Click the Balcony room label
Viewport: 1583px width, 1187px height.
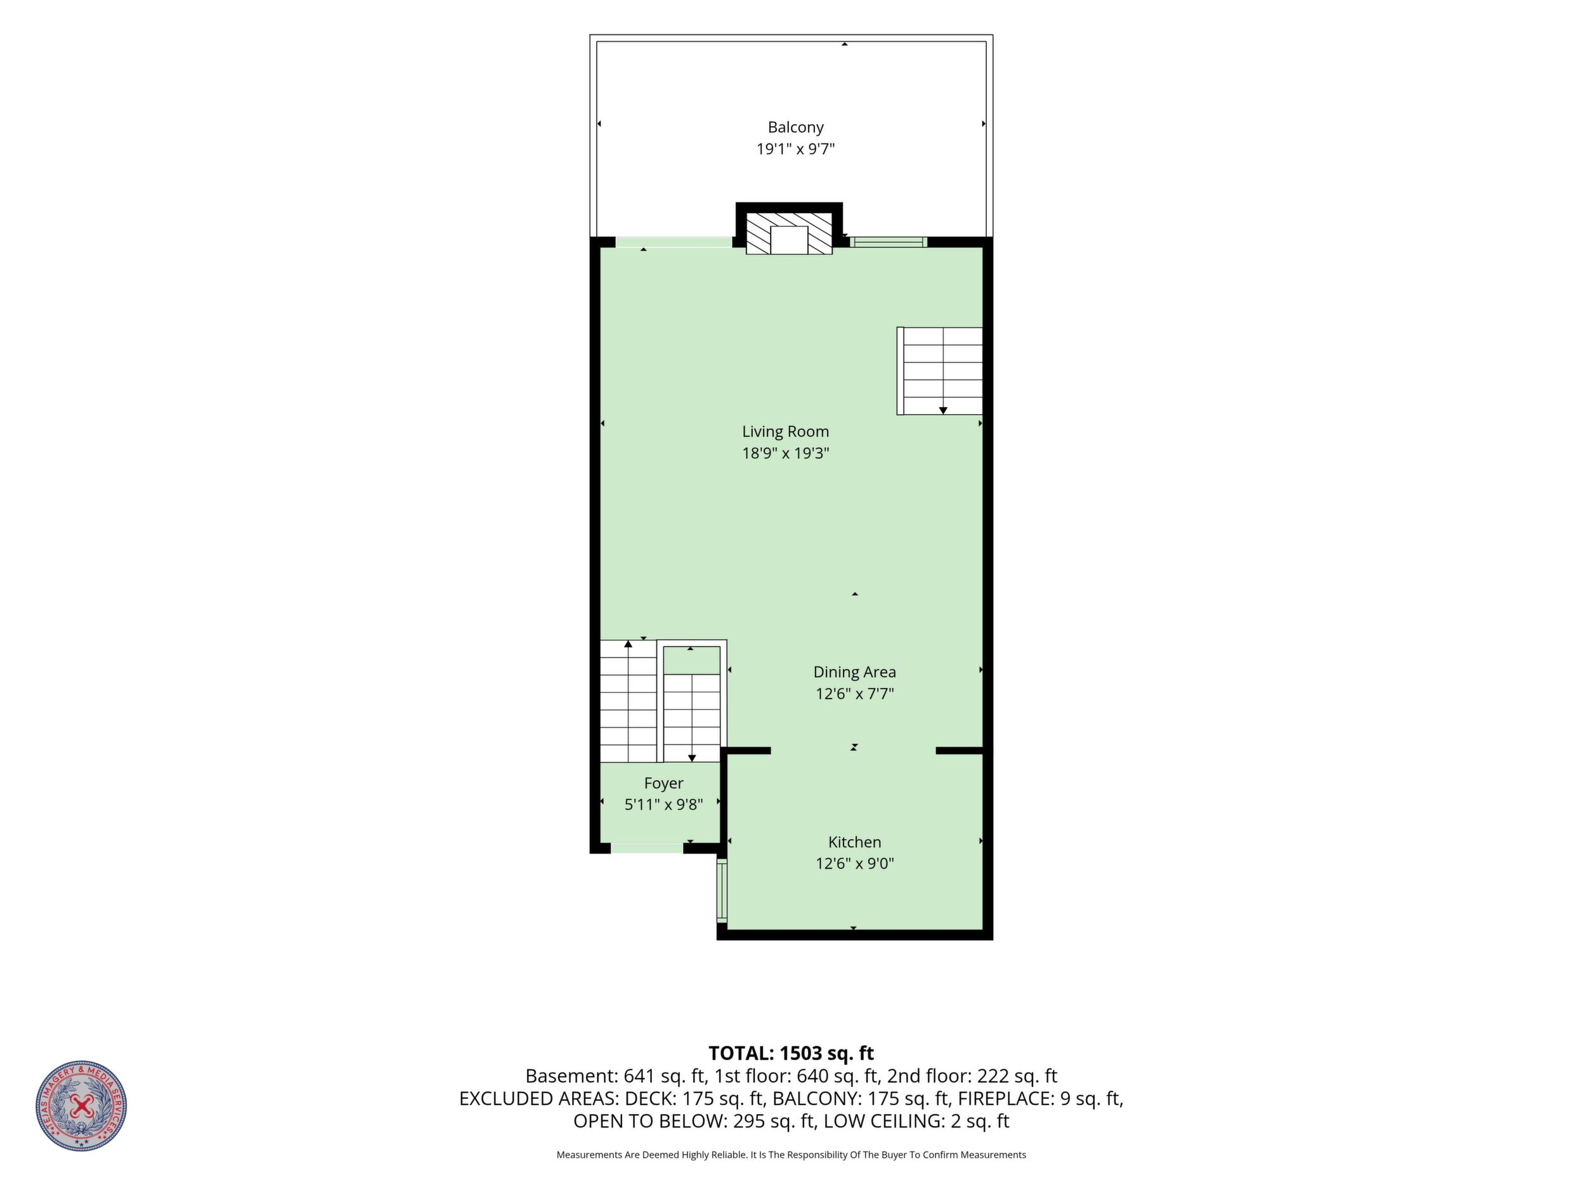click(795, 127)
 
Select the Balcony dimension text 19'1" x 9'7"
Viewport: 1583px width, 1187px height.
click(796, 150)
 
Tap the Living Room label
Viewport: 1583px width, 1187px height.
click(785, 431)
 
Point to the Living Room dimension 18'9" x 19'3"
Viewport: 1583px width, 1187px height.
click(785, 453)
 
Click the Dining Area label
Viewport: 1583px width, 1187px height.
click(854, 672)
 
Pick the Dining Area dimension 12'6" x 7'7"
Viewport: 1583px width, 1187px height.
click(854, 693)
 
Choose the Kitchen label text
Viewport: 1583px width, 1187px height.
click(854, 842)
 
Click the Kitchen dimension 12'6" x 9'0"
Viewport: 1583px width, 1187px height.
click(854, 864)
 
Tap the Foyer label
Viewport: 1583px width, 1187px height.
click(663, 784)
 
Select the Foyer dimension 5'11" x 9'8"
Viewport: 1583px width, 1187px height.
click(663, 805)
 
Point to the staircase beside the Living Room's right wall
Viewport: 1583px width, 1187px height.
click(940, 371)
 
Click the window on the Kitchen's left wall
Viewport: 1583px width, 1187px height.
click(721, 892)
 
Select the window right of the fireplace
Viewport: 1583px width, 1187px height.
click(888, 242)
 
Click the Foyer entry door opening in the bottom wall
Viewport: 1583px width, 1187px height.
click(647, 848)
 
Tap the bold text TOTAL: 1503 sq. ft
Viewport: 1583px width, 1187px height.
click(791, 1053)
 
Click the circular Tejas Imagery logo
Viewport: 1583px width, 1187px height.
click(82, 1105)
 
